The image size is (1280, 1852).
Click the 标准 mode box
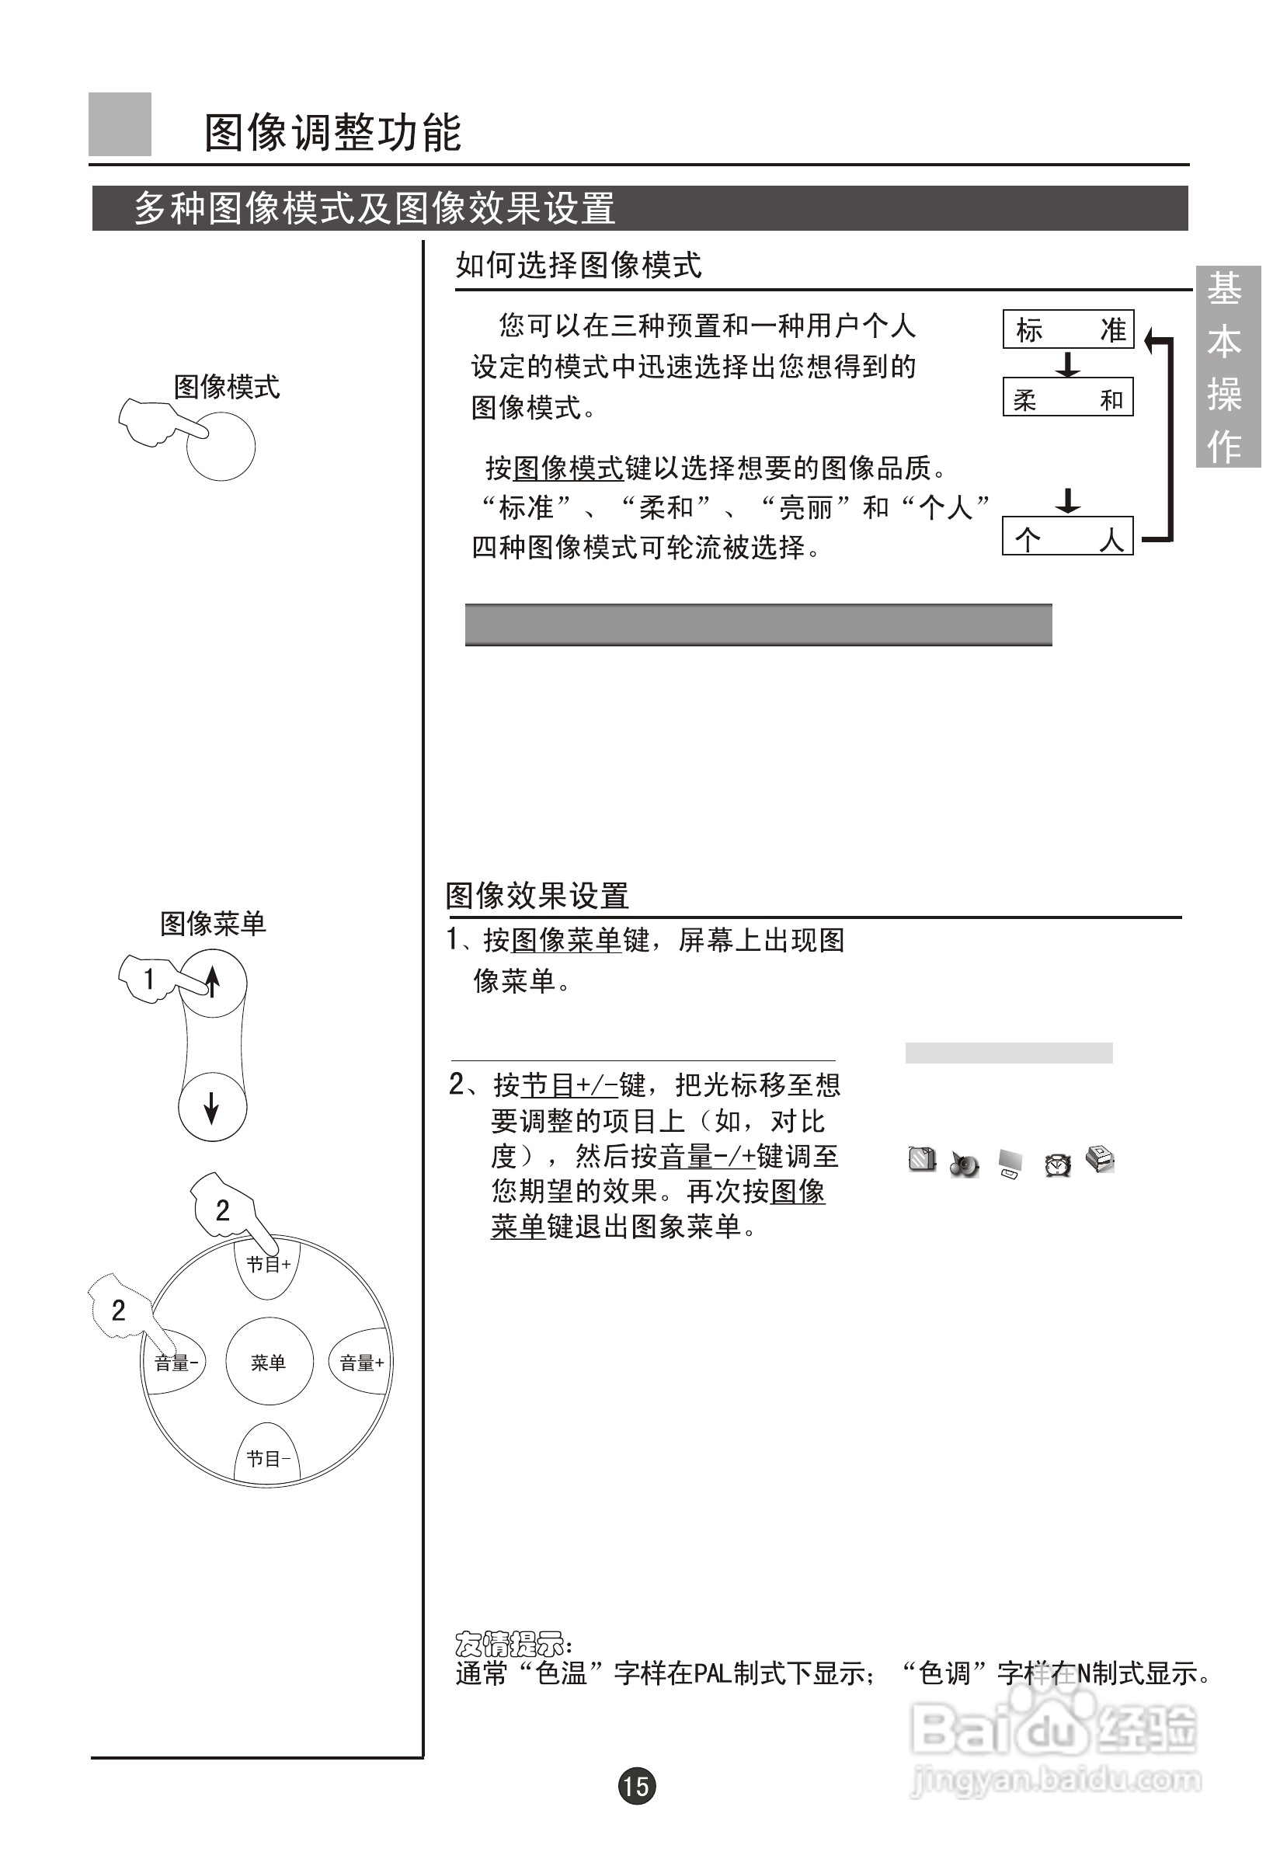[1067, 329]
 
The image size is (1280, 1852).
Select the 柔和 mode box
[1067, 397]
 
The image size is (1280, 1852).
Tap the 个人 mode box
[1067, 537]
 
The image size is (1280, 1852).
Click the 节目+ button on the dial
[268, 1264]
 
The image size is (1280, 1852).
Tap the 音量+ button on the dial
[361, 1362]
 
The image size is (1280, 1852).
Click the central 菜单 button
[269, 1362]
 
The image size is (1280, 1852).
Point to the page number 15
[637, 1785]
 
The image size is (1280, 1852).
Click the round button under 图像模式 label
[221, 447]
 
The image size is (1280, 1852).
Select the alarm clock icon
[1057, 1164]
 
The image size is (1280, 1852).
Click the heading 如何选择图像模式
[578, 265]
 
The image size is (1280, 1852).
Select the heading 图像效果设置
[537, 896]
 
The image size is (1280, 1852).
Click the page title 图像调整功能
[333, 132]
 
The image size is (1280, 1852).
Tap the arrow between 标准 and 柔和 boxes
[1067, 364]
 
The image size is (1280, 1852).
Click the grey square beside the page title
[120, 124]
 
